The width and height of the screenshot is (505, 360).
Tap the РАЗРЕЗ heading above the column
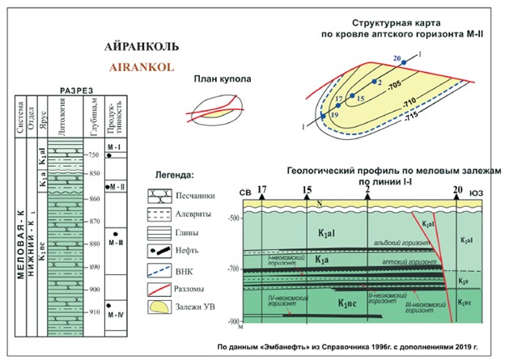click(x=78, y=89)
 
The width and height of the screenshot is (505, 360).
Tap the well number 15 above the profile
click(x=307, y=192)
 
